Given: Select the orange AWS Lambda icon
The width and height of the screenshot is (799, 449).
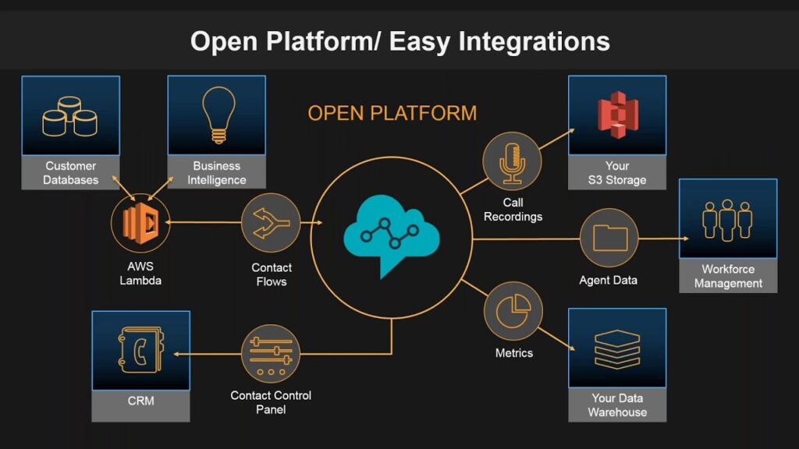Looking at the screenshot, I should pyautogui.click(x=140, y=223).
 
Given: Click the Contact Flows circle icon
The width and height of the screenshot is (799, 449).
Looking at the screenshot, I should pyautogui.click(x=271, y=223).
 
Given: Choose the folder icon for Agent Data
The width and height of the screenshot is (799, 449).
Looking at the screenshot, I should pyautogui.click(x=609, y=238).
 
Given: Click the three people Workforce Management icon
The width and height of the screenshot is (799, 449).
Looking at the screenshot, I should pyautogui.click(x=727, y=219).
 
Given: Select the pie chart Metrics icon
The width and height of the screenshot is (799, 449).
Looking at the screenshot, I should pyautogui.click(x=513, y=310).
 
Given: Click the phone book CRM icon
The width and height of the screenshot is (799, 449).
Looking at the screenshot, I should pyautogui.click(x=140, y=350).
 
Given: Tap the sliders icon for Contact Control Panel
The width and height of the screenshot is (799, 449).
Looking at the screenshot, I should pyautogui.click(x=271, y=355).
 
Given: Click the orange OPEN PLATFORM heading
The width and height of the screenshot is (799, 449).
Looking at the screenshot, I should pyautogui.click(x=392, y=112).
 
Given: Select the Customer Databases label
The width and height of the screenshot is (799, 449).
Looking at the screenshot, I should pyautogui.click(x=70, y=173).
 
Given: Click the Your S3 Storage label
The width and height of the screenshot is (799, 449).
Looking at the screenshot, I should pyautogui.click(x=616, y=173).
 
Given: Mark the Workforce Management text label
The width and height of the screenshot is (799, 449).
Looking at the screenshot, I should pyautogui.click(x=728, y=276).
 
